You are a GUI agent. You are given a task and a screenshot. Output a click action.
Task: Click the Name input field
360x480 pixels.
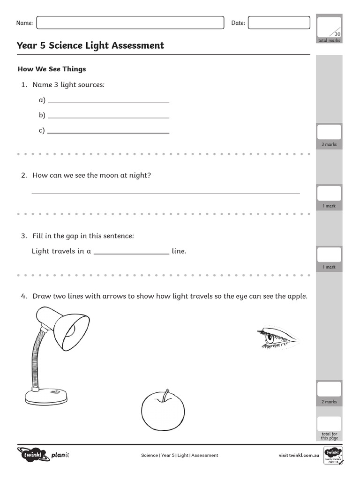(130, 22)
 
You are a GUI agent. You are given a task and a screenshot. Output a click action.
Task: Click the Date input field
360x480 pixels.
(278, 22)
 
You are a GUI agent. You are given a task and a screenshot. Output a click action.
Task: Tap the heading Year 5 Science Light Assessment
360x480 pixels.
(90, 45)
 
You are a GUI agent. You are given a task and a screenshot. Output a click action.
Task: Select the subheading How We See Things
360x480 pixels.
(52, 69)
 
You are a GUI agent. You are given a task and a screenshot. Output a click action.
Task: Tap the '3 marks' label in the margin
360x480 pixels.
(329, 144)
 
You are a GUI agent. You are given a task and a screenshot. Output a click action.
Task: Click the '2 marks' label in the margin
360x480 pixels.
(329, 402)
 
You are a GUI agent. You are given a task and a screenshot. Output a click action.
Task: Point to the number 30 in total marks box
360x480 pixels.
(337, 34)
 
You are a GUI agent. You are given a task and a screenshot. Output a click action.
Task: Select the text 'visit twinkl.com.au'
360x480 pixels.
(299, 455)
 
